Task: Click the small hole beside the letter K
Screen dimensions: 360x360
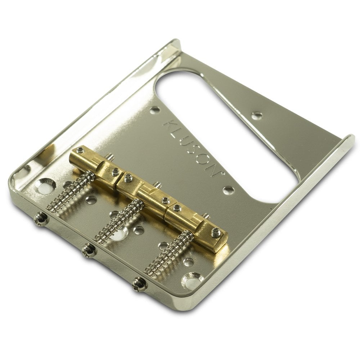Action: point(155,110)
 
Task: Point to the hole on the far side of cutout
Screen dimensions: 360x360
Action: point(257,116)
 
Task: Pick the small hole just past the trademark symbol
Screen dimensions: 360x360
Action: point(228,190)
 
